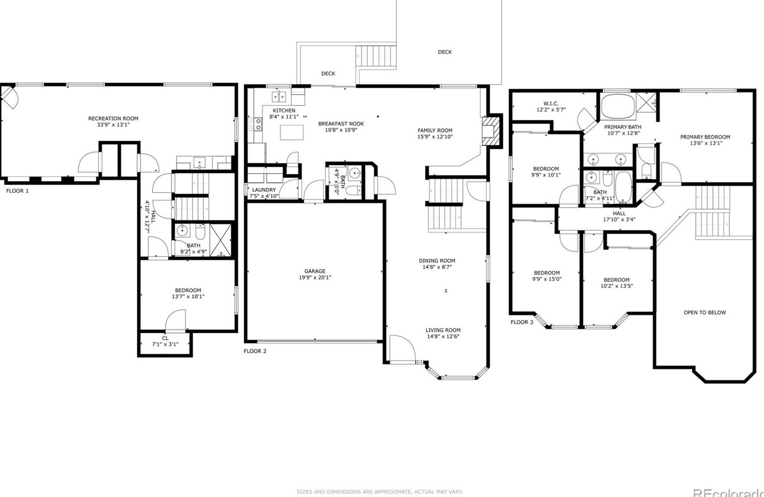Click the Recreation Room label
[x=113, y=118]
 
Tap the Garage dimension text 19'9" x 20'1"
[x=315, y=277]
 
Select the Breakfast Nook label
[x=341, y=124]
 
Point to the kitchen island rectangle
[x=292, y=132]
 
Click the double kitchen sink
[x=279, y=97]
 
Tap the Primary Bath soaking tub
[x=618, y=106]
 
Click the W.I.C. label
[x=551, y=104]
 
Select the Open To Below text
[x=705, y=313]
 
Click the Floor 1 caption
[x=17, y=191]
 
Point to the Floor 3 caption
[x=522, y=322]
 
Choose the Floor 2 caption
[x=255, y=351]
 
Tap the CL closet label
[x=165, y=338]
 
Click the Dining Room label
[x=437, y=261]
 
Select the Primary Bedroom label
[x=705, y=137]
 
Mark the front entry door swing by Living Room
[x=403, y=349]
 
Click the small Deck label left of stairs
[x=328, y=73]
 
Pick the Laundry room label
[x=264, y=190]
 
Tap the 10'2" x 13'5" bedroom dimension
[x=616, y=286]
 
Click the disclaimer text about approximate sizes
[x=380, y=492]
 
